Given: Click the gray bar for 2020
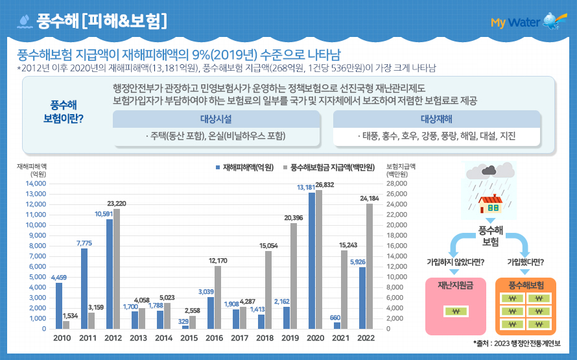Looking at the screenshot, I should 318,259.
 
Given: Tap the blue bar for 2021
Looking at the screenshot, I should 336,325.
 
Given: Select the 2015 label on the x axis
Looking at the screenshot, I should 189,339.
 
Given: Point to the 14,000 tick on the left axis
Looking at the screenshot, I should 36,184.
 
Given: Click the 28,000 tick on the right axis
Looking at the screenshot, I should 397,184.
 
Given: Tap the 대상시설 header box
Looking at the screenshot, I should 217,119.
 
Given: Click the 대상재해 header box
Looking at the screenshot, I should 436,119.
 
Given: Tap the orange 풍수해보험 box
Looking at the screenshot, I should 525,305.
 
